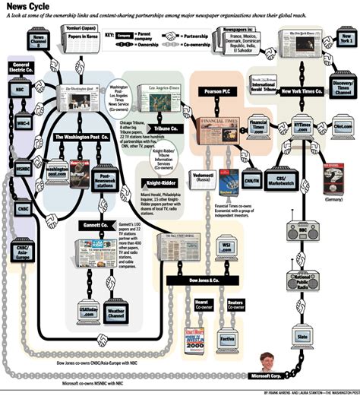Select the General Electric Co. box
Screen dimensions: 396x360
[19, 71]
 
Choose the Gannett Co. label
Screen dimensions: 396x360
[97, 227]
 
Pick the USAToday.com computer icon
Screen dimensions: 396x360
[90, 312]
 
